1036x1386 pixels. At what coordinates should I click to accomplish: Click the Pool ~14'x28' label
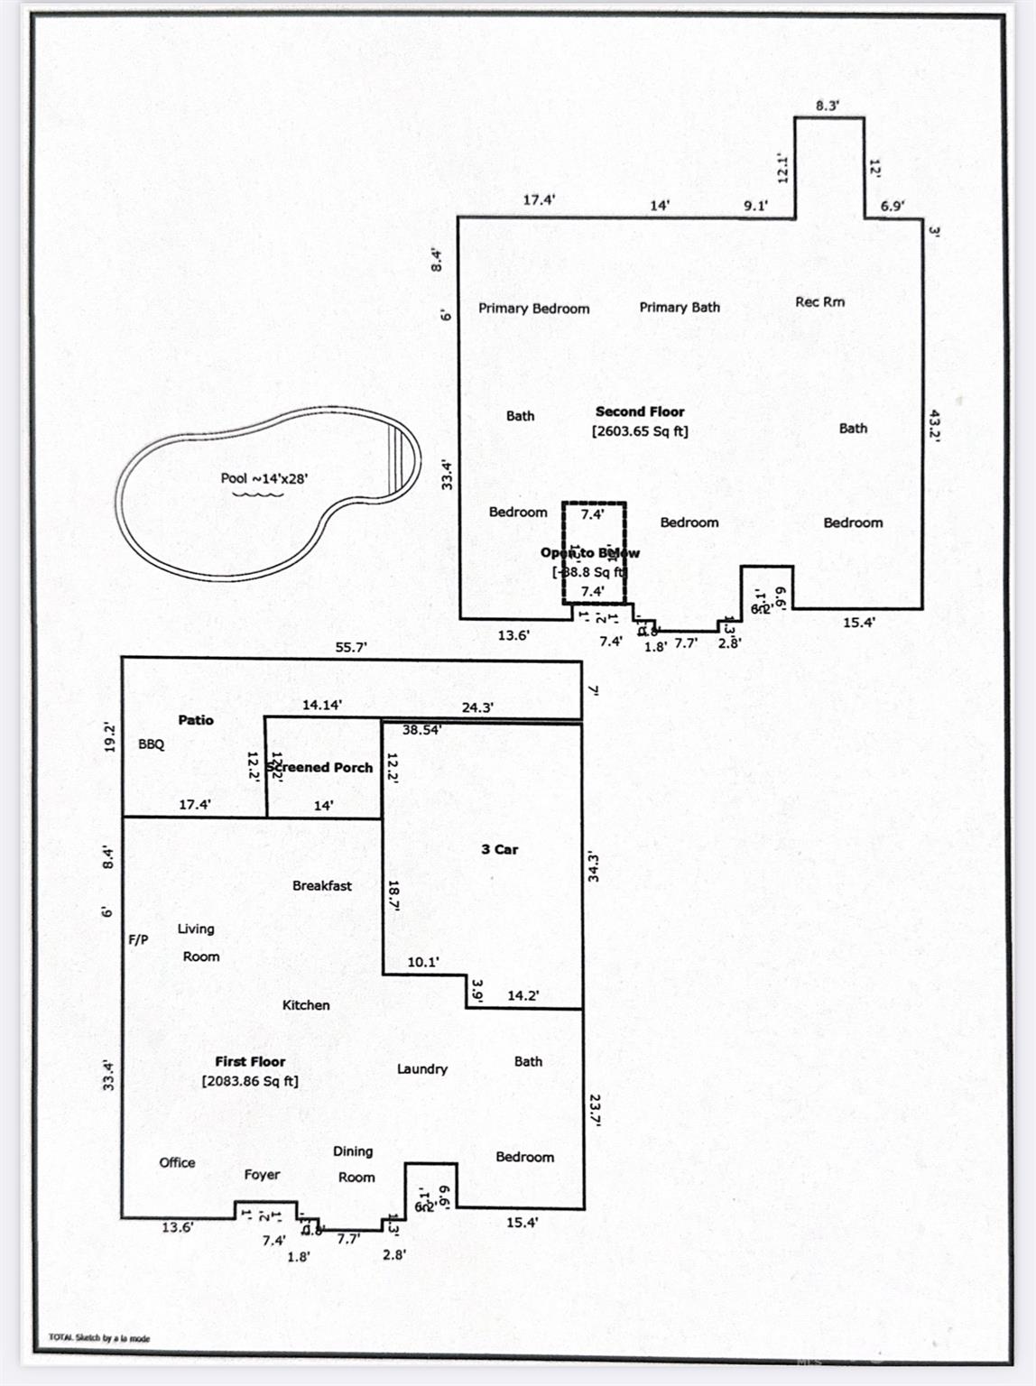coord(264,478)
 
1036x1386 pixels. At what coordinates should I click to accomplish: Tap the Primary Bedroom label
coord(533,309)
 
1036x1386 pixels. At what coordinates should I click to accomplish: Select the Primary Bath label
coord(680,308)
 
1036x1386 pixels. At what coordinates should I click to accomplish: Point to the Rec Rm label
coord(819,301)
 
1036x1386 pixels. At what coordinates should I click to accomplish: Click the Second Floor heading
coord(640,411)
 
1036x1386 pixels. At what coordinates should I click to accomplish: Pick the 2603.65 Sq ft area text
coord(640,431)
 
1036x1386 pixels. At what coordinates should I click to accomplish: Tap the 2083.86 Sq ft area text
coord(250,1081)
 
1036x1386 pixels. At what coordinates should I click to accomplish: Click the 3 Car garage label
coord(499,849)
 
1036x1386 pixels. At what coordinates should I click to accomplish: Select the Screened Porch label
coord(319,767)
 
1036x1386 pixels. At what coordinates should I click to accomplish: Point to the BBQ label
coord(152,744)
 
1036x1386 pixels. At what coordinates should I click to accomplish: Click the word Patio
coord(196,720)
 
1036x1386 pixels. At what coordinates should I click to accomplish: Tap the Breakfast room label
coord(322,886)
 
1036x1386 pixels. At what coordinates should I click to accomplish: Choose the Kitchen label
coord(306,1005)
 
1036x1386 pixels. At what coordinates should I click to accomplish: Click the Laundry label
coord(422,1069)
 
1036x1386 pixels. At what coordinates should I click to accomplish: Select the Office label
coord(177,1162)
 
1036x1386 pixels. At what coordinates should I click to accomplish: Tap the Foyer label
coord(262,1175)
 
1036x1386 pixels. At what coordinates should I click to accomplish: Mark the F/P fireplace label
coord(138,939)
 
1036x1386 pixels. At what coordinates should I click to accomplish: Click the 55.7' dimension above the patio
coord(350,647)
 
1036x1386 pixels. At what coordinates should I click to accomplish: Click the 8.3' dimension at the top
coord(828,106)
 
